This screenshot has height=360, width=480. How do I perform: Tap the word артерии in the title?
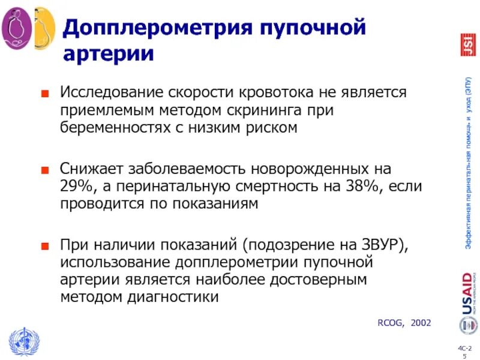[109, 55]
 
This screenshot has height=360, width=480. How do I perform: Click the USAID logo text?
[467, 293]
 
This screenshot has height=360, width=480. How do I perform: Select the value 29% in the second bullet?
[74, 186]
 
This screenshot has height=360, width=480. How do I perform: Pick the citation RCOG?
[389, 323]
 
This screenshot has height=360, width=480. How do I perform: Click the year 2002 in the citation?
[421, 323]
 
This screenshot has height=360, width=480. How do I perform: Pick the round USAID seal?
[467, 326]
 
